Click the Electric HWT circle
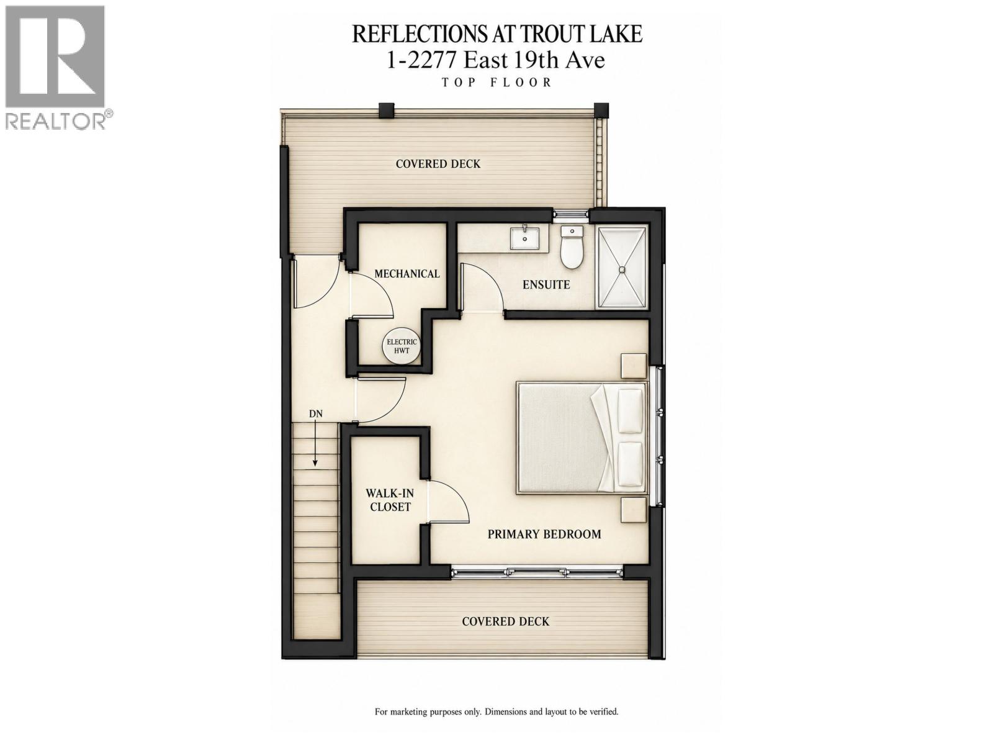402,346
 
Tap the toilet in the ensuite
572,248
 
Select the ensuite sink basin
525,238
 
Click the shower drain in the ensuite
622,269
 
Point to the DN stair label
316,413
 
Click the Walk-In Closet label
390,500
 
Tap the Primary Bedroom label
544,534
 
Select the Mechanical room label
407,274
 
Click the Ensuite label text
546,284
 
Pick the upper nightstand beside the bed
634,366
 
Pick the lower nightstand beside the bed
634,510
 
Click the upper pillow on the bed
630,411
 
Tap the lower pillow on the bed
630,464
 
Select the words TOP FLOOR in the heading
496,83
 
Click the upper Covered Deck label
438,164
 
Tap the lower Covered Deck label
505,621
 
